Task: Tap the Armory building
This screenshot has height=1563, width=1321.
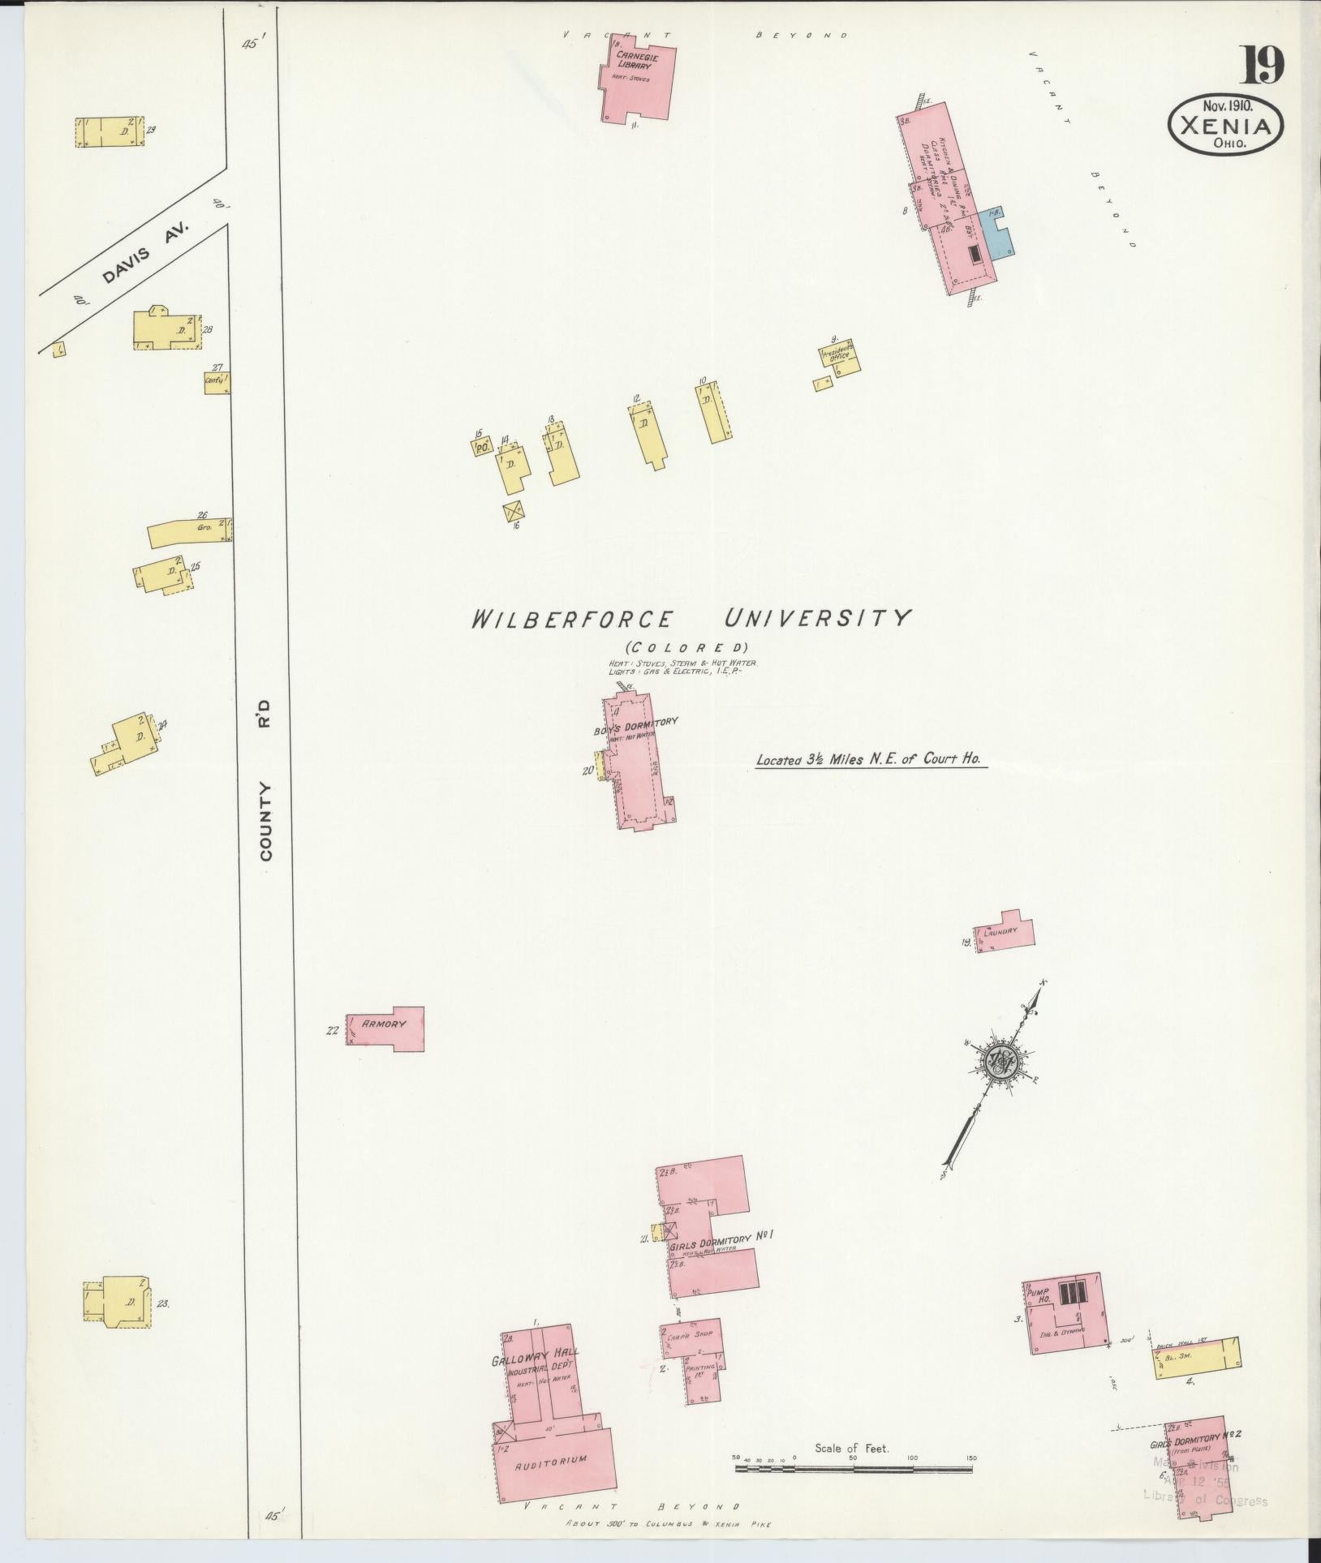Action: tap(385, 1025)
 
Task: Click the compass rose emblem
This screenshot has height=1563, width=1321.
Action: tap(997, 1062)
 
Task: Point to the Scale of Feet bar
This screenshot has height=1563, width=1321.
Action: tap(852, 1467)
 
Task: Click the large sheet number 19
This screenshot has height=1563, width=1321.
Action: tap(1260, 66)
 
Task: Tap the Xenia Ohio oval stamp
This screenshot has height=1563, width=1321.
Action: tap(1226, 127)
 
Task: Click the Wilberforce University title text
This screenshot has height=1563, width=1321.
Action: tap(691, 619)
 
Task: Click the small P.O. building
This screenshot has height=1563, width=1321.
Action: tap(482, 446)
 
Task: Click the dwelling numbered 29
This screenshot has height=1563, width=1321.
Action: tap(110, 131)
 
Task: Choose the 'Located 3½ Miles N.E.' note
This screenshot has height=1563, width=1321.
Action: tap(869, 761)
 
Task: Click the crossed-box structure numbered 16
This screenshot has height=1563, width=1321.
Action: tap(513, 513)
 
